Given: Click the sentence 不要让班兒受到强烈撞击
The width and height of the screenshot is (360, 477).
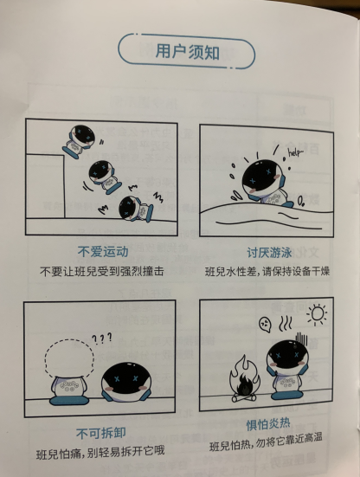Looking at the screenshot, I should tap(102, 272).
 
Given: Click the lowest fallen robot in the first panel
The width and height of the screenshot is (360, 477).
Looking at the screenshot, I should tap(132, 209).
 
